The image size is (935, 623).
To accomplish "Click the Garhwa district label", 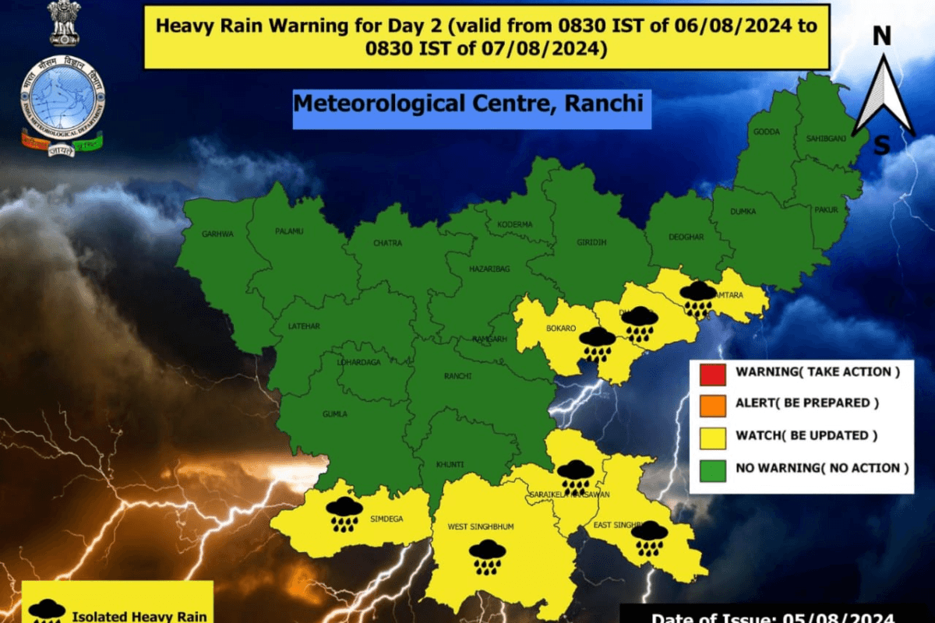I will [x=217, y=233].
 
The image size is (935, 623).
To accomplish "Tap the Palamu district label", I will [x=288, y=231].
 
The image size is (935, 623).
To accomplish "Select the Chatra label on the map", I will [x=387, y=243].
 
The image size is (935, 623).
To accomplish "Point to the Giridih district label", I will [x=591, y=241].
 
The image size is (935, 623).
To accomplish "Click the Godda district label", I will [x=766, y=132].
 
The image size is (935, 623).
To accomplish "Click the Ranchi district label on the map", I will [x=458, y=375].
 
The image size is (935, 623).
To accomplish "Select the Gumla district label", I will [x=335, y=414].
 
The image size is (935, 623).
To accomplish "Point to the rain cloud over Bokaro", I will [x=598, y=343].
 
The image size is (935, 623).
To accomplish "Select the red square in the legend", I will [x=713, y=372].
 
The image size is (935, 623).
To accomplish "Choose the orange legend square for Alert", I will [x=713, y=403].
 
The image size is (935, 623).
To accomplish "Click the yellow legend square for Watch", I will [x=713, y=435].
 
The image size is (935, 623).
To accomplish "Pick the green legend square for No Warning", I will [x=713, y=469].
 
